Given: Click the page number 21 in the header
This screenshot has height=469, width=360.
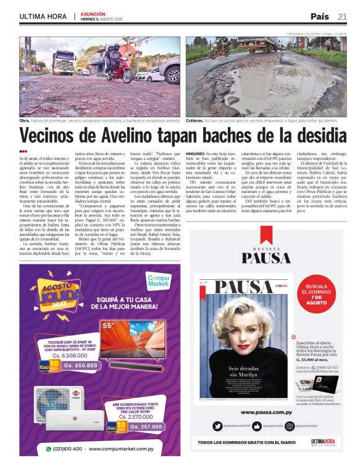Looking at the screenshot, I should point(343,16).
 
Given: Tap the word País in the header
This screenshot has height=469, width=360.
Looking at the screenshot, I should point(320,16).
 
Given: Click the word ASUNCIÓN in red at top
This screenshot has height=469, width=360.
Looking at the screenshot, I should point(92,13).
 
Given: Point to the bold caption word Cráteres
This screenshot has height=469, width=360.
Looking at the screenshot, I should point(197,121).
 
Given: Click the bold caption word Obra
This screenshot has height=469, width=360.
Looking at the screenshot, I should point(25,121).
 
